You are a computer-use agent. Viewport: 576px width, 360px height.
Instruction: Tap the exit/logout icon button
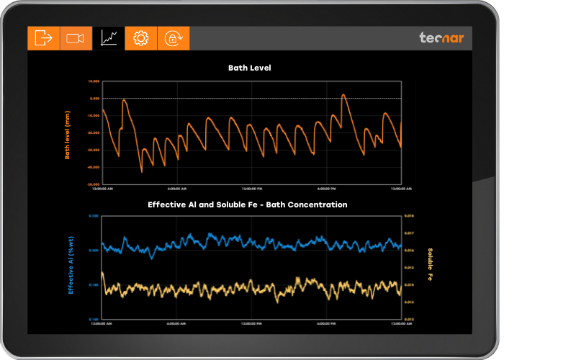click(x=43, y=38)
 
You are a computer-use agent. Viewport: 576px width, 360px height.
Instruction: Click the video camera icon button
click(x=76, y=38)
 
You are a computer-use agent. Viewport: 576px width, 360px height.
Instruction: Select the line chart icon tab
click(x=109, y=38)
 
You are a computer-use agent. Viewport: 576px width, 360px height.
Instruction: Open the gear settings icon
click(x=141, y=38)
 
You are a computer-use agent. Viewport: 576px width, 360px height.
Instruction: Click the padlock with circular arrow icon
click(x=174, y=38)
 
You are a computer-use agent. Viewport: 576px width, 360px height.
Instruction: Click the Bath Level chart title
click(x=249, y=68)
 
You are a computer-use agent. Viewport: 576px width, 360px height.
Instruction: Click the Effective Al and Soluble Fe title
click(x=248, y=204)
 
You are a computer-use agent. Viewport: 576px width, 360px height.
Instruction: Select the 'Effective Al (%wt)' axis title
click(x=71, y=267)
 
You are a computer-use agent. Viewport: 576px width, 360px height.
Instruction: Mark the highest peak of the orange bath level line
click(x=343, y=94)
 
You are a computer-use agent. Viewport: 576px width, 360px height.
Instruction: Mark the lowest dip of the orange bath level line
click(x=141, y=172)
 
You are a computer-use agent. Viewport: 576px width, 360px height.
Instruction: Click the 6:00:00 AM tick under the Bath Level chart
click(x=178, y=189)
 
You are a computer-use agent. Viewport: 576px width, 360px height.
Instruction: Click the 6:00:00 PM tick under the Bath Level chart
click(x=327, y=189)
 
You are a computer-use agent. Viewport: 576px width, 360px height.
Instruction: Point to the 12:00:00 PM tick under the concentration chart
click(x=252, y=323)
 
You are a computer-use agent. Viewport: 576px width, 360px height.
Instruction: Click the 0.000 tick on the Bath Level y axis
click(x=94, y=98)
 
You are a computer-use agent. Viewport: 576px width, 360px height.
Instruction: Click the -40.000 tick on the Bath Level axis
click(x=93, y=167)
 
